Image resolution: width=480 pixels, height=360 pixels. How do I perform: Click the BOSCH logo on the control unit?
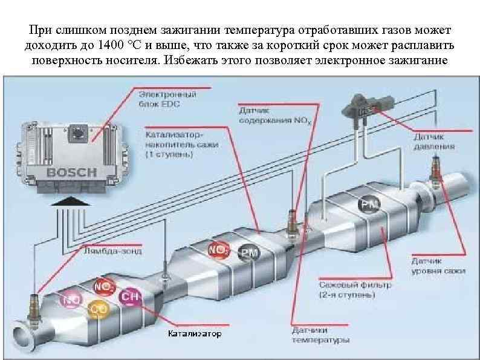pos(72,172)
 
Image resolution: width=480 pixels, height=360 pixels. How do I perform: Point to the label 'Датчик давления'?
pos(433,142)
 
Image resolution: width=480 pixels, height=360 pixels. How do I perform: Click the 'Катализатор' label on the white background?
pos(194,333)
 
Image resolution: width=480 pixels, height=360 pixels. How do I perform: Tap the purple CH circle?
pos(129,296)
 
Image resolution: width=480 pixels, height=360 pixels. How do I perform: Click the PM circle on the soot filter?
pos(368,205)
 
